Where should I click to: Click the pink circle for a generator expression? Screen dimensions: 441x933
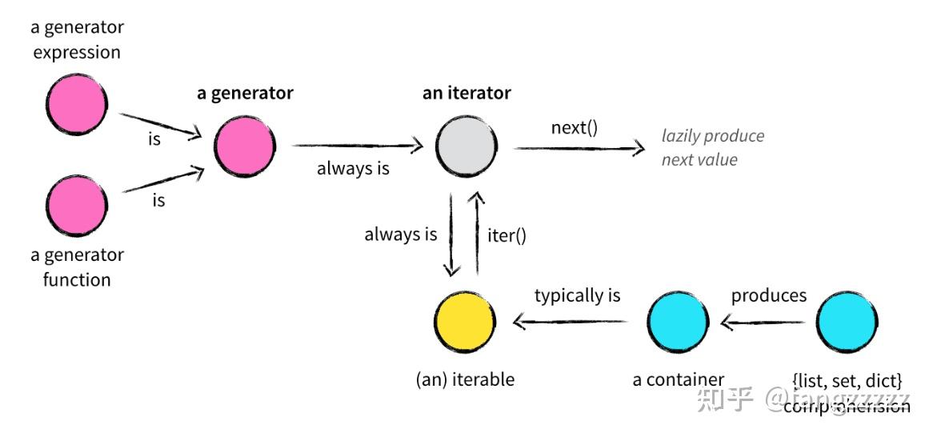pyautogui.click(x=77, y=106)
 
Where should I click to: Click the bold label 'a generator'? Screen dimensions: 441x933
pyautogui.click(x=245, y=94)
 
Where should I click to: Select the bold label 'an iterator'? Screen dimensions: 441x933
pyautogui.click(x=466, y=94)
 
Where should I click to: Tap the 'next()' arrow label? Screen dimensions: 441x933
pyautogui.click(x=574, y=128)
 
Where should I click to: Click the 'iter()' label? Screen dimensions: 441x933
pyautogui.click(x=507, y=235)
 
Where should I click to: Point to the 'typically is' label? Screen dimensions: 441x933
pyautogui.click(x=577, y=295)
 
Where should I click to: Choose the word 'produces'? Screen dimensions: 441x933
pyautogui.click(x=769, y=295)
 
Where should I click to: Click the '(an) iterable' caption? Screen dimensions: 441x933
pyautogui.click(x=465, y=379)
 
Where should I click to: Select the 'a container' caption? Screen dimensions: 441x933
pyautogui.click(x=679, y=379)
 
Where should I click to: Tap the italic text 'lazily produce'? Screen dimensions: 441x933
pyautogui.click(x=712, y=136)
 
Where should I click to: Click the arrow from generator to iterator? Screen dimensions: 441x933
pyautogui.click(x=357, y=146)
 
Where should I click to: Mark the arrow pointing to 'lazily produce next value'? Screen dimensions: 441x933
pyautogui.click(x=579, y=147)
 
